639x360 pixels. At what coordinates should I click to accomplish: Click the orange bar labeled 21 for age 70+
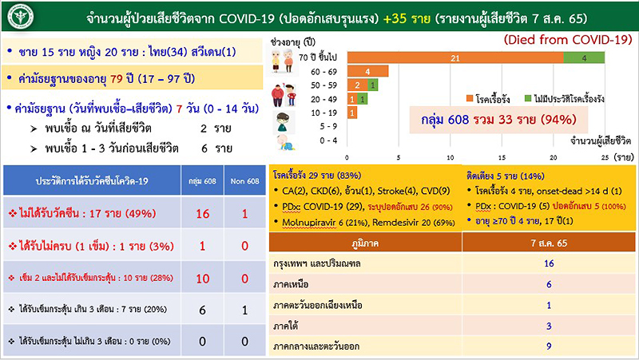pyautogui.click(x=454, y=57)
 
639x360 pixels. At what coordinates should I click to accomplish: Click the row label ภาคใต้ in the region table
pyautogui.click(x=288, y=326)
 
